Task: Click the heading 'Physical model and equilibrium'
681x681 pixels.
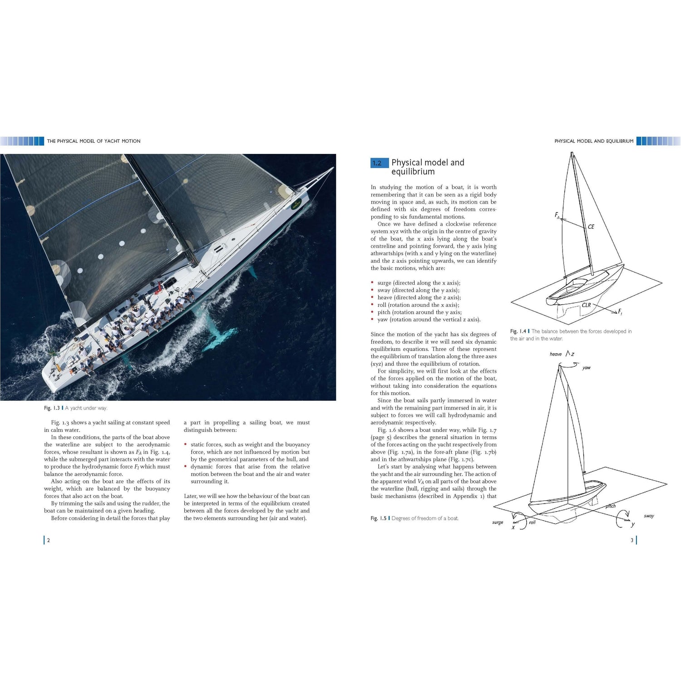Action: [x=428, y=167]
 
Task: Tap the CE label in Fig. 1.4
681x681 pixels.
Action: [x=591, y=227]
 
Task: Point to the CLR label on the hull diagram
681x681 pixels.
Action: [x=587, y=305]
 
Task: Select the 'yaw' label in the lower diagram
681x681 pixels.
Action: [x=587, y=368]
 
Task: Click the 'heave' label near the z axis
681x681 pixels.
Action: [x=556, y=354]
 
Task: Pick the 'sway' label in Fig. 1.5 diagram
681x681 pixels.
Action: [x=649, y=516]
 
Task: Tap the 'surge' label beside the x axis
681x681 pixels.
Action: [x=498, y=522]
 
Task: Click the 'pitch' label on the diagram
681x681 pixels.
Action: [x=611, y=506]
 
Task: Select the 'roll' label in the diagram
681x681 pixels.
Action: [x=532, y=523]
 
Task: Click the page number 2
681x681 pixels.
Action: [x=49, y=540]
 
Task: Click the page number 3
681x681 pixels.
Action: [x=632, y=540]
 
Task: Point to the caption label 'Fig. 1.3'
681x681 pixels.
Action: [x=52, y=408]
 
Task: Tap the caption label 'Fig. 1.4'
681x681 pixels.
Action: [x=518, y=331]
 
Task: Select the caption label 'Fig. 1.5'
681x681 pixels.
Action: [x=379, y=518]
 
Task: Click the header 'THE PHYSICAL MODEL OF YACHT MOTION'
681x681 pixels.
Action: [x=94, y=141]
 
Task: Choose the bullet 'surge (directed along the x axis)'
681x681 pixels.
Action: [x=419, y=283]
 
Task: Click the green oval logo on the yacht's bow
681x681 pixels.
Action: [x=296, y=205]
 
